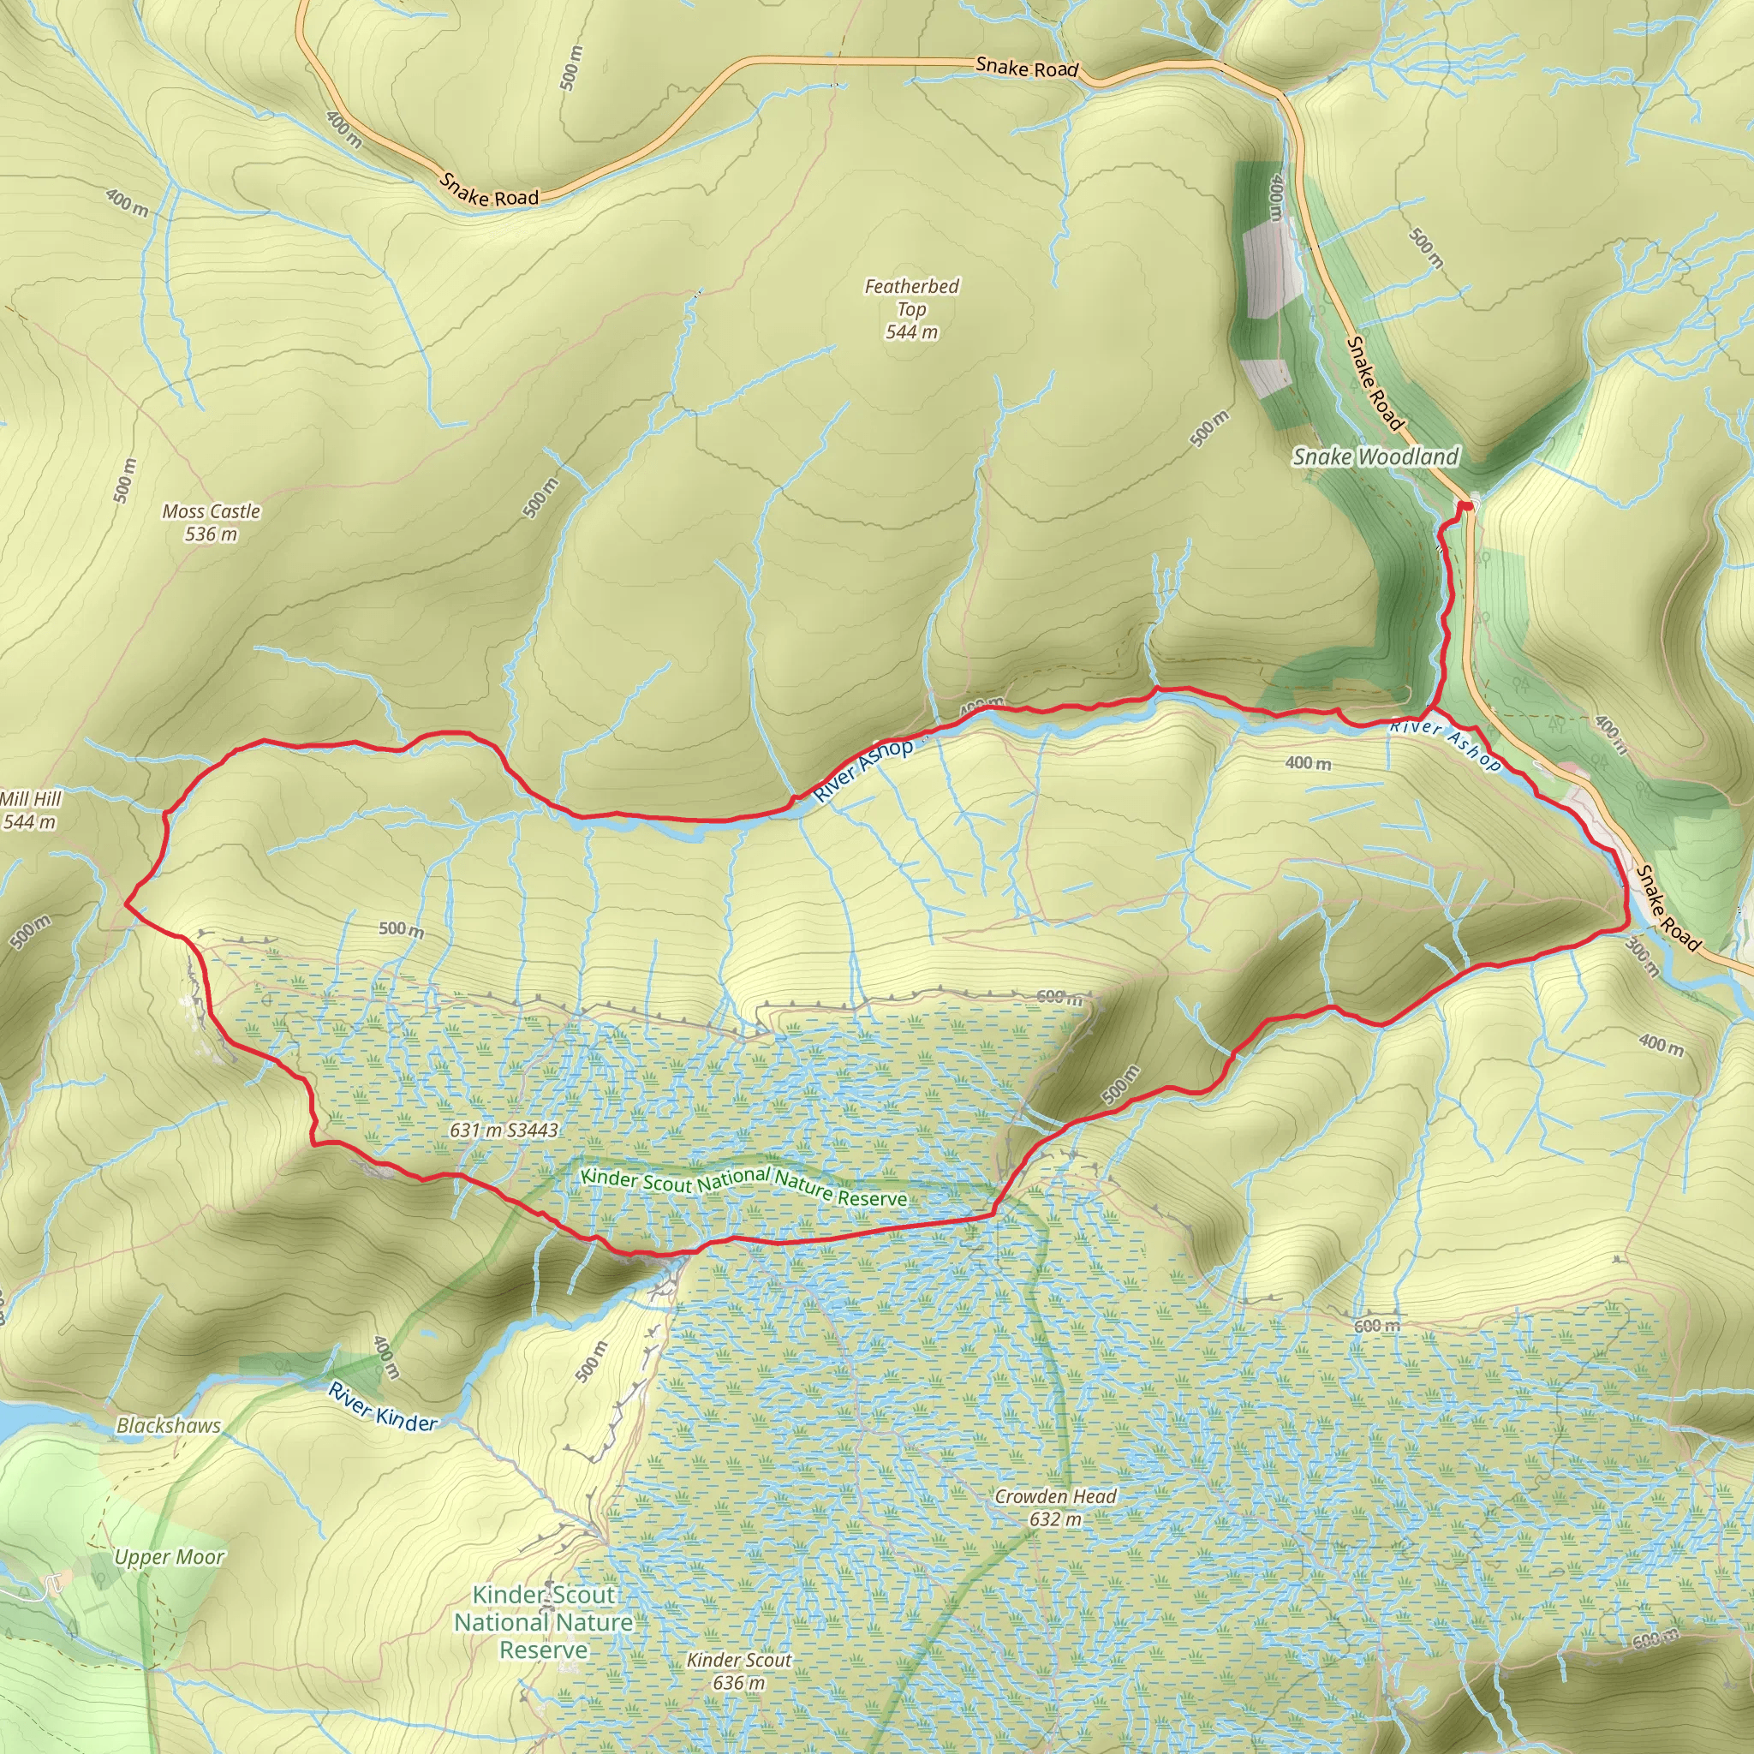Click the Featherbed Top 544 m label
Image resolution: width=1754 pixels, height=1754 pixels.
click(911, 308)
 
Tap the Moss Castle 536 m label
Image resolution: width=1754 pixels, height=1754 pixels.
click(211, 522)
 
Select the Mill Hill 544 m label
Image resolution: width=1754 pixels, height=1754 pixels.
click(30, 810)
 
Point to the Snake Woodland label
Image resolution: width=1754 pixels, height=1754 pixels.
click(1375, 456)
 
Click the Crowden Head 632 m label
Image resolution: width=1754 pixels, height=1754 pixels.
click(1055, 1507)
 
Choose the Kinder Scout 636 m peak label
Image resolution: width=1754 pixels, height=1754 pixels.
click(739, 1670)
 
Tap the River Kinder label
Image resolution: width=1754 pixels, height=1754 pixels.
click(383, 1407)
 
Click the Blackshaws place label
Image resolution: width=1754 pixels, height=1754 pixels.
click(168, 1425)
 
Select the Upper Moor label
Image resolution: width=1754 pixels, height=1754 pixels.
click(169, 1557)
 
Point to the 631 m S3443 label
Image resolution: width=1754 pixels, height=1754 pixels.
click(504, 1130)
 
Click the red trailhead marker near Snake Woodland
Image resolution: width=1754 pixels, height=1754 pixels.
click(1466, 505)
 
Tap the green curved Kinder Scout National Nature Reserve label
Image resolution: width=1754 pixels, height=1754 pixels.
click(743, 1185)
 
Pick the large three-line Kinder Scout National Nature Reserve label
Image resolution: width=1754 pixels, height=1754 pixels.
click(544, 1622)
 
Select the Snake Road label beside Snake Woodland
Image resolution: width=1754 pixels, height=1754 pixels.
click(1375, 383)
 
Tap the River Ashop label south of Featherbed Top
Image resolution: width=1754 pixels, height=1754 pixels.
click(862, 770)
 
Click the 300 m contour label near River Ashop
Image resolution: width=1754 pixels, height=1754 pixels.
click(1642, 957)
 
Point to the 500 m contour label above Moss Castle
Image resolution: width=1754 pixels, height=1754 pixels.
click(124, 480)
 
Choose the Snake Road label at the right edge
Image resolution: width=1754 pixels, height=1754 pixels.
click(1667, 908)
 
